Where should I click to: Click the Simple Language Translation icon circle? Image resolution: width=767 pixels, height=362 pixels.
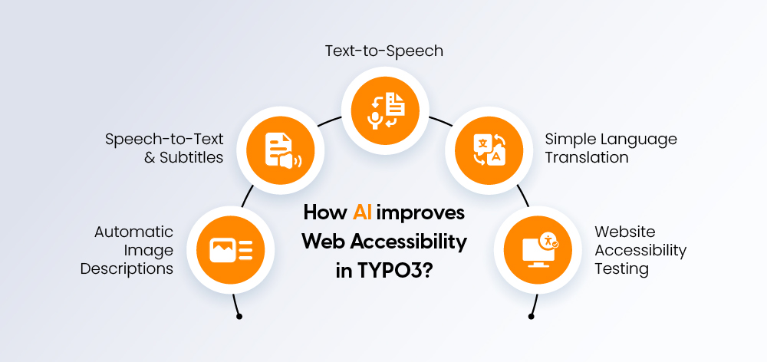click(488, 149)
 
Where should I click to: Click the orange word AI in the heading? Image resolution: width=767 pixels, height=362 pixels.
click(363, 212)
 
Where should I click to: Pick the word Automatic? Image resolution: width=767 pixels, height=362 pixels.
click(134, 232)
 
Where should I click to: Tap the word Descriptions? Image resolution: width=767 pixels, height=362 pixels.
click(127, 269)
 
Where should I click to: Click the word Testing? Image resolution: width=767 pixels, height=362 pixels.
click(622, 269)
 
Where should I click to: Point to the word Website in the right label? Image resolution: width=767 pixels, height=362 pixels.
click(624, 232)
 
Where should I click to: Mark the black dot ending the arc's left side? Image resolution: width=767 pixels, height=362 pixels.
click(239, 315)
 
